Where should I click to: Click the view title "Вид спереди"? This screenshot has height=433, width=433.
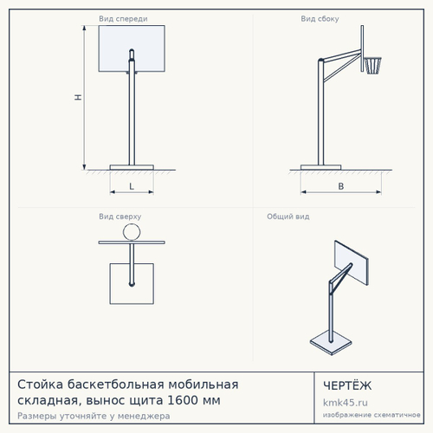(123, 19)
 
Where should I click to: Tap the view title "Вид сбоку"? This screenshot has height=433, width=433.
(320, 19)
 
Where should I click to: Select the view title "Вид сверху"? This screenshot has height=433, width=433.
(120, 216)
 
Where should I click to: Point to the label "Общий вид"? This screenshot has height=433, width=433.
(288, 216)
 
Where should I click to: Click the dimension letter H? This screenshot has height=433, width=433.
(78, 97)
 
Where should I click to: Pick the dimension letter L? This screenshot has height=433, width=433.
(132, 186)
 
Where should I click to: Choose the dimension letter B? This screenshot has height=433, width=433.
(341, 186)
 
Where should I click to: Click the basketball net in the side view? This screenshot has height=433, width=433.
(373, 66)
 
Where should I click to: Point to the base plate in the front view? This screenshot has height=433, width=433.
(132, 167)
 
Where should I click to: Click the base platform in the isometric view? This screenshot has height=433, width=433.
(331, 345)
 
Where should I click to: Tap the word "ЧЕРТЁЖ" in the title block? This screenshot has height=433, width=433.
(347, 385)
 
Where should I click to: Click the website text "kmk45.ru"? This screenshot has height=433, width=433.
(346, 403)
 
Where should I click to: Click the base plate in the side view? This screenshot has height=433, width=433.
(320, 167)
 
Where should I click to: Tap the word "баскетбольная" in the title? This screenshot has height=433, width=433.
(116, 385)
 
